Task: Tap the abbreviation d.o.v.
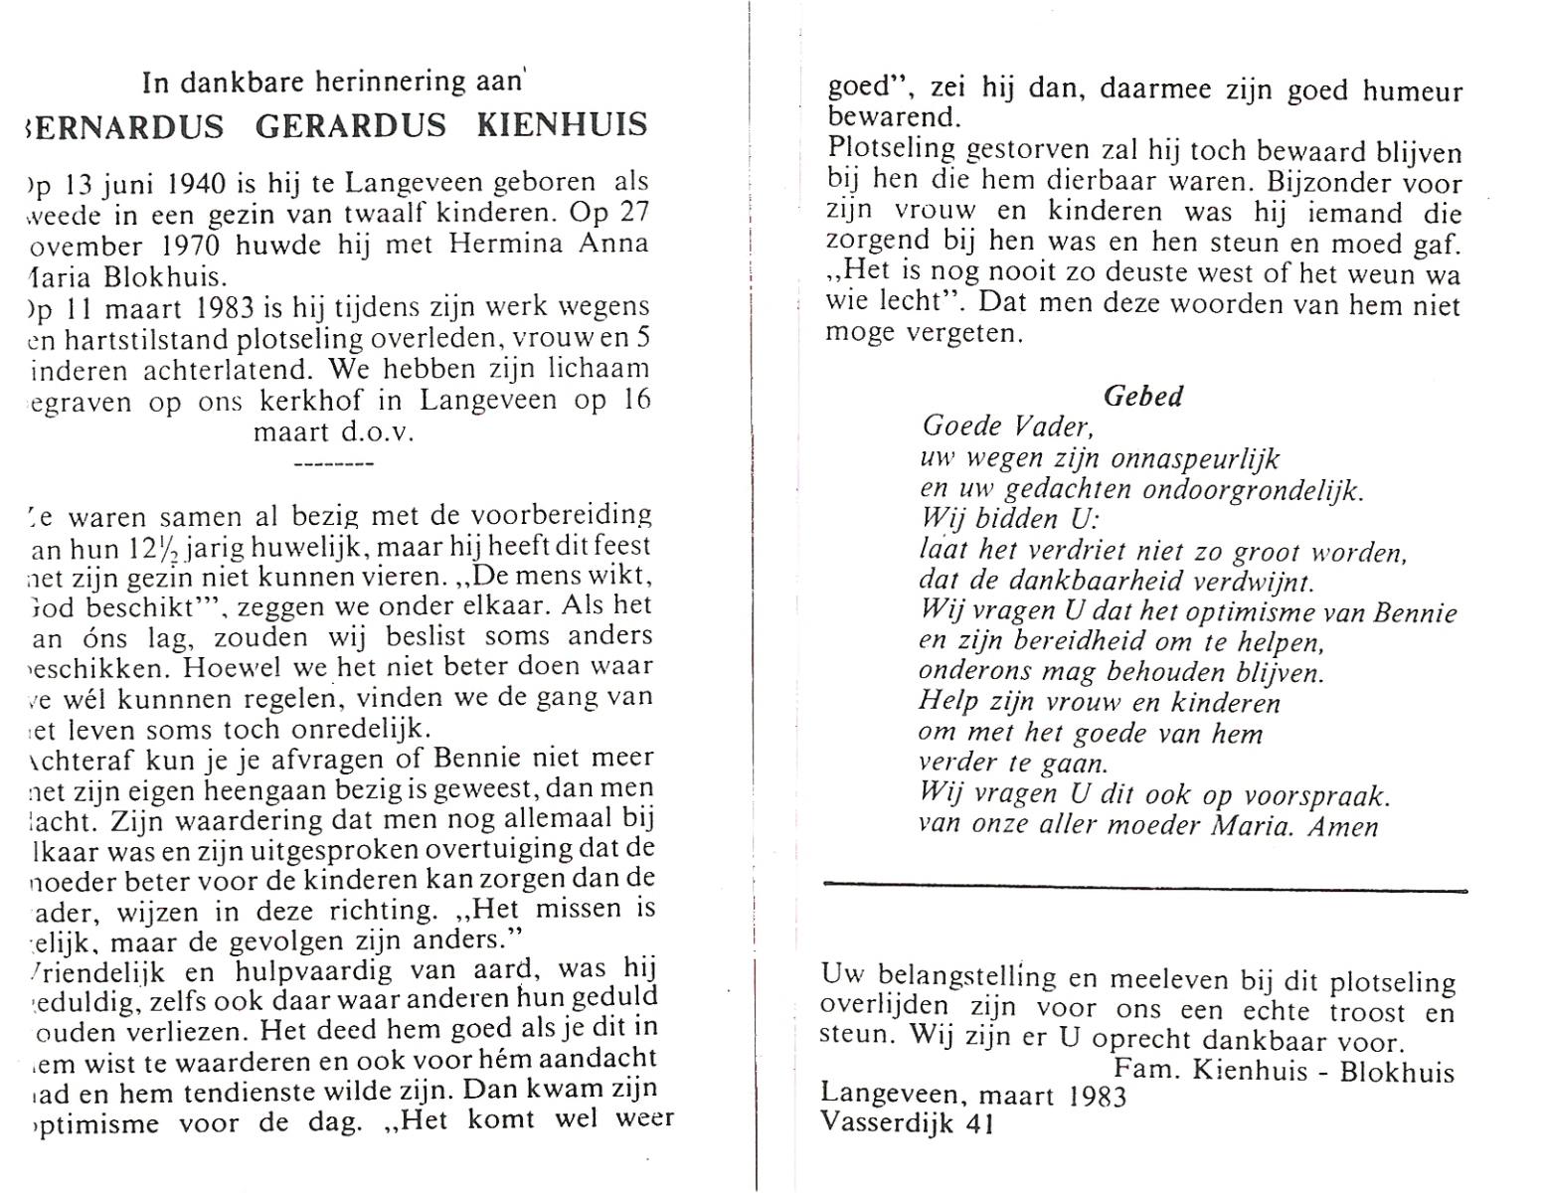(x=379, y=431)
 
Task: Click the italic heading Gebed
(x=1143, y=396)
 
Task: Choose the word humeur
(x=1412, y=91)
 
